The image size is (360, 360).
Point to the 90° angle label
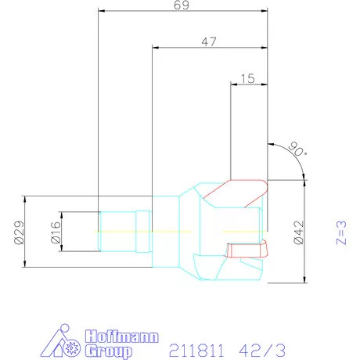295,149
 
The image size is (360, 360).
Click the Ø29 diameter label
19,232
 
